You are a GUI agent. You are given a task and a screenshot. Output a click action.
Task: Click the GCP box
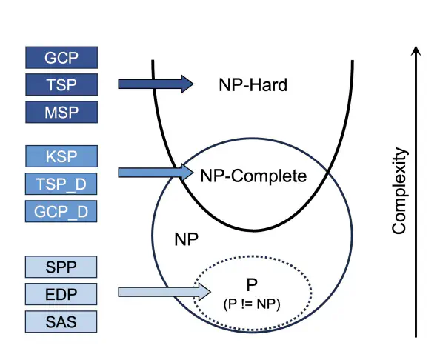(x=61, y=58)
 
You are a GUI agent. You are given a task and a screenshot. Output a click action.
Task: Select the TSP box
(x=61, y=84)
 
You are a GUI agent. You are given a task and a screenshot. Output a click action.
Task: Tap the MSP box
(x=61, y=112)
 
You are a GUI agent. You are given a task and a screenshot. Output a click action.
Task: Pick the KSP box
(x=61, y=156)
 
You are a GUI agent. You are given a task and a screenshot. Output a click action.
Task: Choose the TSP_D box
(x=61, y=184)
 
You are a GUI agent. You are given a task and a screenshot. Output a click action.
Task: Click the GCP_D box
(x=61, y=211)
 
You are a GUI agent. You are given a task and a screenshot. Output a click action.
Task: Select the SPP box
(x=61, y=267)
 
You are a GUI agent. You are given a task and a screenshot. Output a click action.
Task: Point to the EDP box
(x=61, y=294)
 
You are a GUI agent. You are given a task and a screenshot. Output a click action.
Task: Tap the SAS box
(x=61, y=321)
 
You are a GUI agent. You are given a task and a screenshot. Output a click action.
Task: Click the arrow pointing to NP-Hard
(x=156, y=84)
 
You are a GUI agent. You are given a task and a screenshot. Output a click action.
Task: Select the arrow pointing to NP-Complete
(x=156, y=173)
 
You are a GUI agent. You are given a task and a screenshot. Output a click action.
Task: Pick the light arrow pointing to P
(x=164, y=292)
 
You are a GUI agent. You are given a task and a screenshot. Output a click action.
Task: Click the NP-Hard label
(x=253, y=84)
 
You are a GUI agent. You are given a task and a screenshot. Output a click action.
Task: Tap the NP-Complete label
(x=253, y=176)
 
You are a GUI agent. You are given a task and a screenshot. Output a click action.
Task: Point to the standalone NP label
(x=186, y=239)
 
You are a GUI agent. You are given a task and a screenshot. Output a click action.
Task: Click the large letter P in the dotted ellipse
(x=252, y=284)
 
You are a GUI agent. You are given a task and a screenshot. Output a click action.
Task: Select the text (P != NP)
(x=252, y=304)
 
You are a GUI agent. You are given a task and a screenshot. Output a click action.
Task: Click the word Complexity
(x=399, y=190)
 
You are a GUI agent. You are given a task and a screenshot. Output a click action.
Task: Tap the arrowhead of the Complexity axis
(x=416, y=50)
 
